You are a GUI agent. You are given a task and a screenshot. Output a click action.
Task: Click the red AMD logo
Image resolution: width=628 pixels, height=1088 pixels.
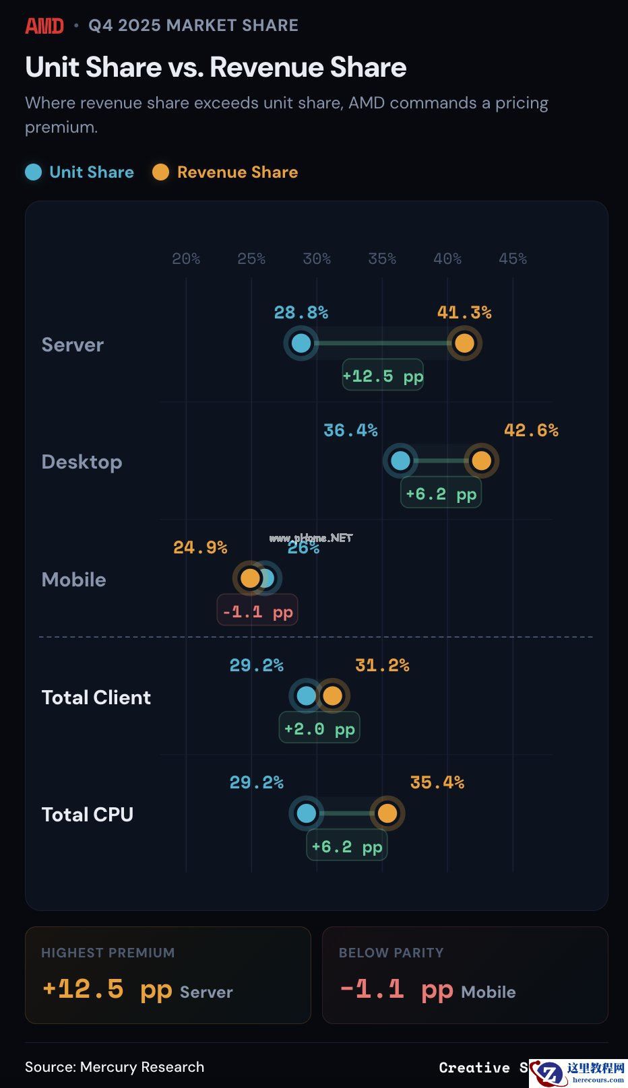click(44, 26)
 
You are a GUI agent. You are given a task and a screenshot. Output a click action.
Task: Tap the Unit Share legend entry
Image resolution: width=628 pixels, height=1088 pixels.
click(80, 172)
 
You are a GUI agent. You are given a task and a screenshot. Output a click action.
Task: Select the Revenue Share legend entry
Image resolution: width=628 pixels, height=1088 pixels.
click(225, 172)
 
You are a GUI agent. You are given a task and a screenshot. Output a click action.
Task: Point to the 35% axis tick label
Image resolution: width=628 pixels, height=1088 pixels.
click(382, 259)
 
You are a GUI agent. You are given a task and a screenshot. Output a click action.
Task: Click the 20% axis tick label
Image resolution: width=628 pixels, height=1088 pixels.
click(186, 259)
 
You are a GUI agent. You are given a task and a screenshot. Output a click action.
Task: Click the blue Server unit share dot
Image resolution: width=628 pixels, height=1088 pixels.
click(301, 343)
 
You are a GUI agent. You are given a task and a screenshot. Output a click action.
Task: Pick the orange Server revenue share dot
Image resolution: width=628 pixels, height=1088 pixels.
click(464, 343)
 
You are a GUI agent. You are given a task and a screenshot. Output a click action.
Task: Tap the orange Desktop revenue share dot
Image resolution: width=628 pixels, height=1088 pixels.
click(481, 461)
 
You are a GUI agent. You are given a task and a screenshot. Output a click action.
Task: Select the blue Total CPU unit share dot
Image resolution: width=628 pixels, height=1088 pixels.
click(307, 813)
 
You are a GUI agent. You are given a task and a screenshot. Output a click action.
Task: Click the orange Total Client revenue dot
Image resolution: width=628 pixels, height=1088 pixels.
click(332, 696)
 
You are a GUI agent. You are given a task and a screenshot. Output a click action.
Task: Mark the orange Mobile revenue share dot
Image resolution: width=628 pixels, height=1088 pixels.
click(250, 578)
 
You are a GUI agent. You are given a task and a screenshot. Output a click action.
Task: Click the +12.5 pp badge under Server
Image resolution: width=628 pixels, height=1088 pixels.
click(383, 376)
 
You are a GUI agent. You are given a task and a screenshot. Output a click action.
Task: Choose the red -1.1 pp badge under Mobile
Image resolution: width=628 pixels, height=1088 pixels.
click(257, 611)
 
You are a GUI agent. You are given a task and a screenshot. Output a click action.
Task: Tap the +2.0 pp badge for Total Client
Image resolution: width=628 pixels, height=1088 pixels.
click(319, 728)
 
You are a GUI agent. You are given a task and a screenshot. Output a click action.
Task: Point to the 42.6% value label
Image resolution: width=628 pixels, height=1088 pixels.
click(531, 430)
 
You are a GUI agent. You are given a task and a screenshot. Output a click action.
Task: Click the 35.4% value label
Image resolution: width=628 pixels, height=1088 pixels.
click(437, 782)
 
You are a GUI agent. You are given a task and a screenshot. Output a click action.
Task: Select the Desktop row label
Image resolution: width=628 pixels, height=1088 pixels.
click(82, 462)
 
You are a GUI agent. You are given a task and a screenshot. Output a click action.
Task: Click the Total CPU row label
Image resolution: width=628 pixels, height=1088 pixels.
click(88, 815)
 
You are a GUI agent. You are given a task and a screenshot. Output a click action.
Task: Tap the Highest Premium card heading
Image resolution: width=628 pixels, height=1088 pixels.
click(108, 953)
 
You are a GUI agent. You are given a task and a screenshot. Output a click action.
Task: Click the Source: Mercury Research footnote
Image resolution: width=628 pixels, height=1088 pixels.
click(115, 1067)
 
